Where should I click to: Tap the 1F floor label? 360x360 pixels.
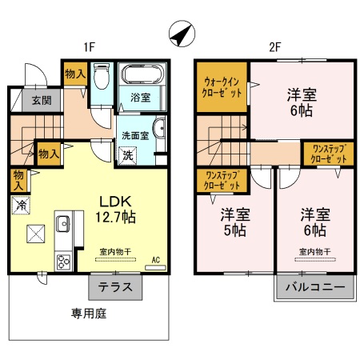click(x=89, y=47)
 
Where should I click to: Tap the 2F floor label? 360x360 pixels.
click(x=274, y=47)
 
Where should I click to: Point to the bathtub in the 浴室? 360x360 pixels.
click(x=142, y=78)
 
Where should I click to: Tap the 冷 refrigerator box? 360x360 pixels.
click(x=20, y=205)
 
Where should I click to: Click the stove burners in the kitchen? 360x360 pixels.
click(x=63, y=260)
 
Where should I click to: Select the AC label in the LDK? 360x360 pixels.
click(x=156, y=259)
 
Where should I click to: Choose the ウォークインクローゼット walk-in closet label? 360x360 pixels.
click(x=223, y=86)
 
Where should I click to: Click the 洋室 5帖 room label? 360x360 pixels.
click(x=234, y=222)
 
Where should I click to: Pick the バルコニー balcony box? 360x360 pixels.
click(x=315, y=286)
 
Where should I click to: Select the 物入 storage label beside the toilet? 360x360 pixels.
click(x=74, y=73)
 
